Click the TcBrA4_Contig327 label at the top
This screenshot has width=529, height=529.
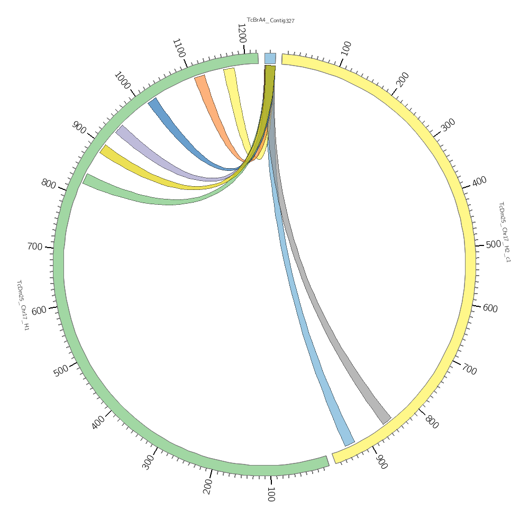270,20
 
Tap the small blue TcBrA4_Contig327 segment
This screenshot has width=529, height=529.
270,58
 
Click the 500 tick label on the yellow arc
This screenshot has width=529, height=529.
493,244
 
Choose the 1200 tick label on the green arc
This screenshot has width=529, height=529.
242,33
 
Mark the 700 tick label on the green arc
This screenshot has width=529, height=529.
35,247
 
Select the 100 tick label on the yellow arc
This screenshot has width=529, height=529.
346,48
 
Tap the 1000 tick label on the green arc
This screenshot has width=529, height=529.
122,80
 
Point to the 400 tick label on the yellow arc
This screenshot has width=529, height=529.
479,181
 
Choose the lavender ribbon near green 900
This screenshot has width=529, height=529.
159,156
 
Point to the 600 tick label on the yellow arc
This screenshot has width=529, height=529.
490,308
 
